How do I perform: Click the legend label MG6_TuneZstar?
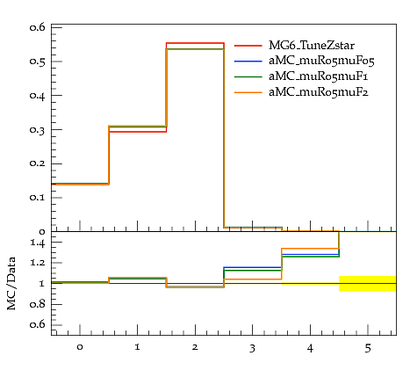click(312, 46)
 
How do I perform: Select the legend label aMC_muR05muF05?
click(321, 61)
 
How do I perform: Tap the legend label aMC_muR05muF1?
click(318, 76)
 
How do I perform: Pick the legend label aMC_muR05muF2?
click(319, 92)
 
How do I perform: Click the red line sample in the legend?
click(248, 46)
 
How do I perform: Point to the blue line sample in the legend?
click(248, 61)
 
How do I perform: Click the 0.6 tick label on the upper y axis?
click(38, 27)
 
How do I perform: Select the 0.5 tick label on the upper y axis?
click(38, 62)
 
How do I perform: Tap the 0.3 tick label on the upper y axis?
click(38, 130)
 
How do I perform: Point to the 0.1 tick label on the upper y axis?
click(38, 198)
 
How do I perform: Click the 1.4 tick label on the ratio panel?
click(38, 243)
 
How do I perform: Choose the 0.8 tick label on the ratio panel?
click(38, 304)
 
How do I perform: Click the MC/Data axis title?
click(11, 283)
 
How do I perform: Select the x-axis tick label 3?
click(252, 348)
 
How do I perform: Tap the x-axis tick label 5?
click(368, 348)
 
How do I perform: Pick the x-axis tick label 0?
click(80, 347)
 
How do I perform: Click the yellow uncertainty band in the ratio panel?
click(368, 283)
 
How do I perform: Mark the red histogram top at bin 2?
click(195, 43)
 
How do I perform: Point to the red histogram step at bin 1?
click(138, 132)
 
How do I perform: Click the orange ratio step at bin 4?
click(310, 249)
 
